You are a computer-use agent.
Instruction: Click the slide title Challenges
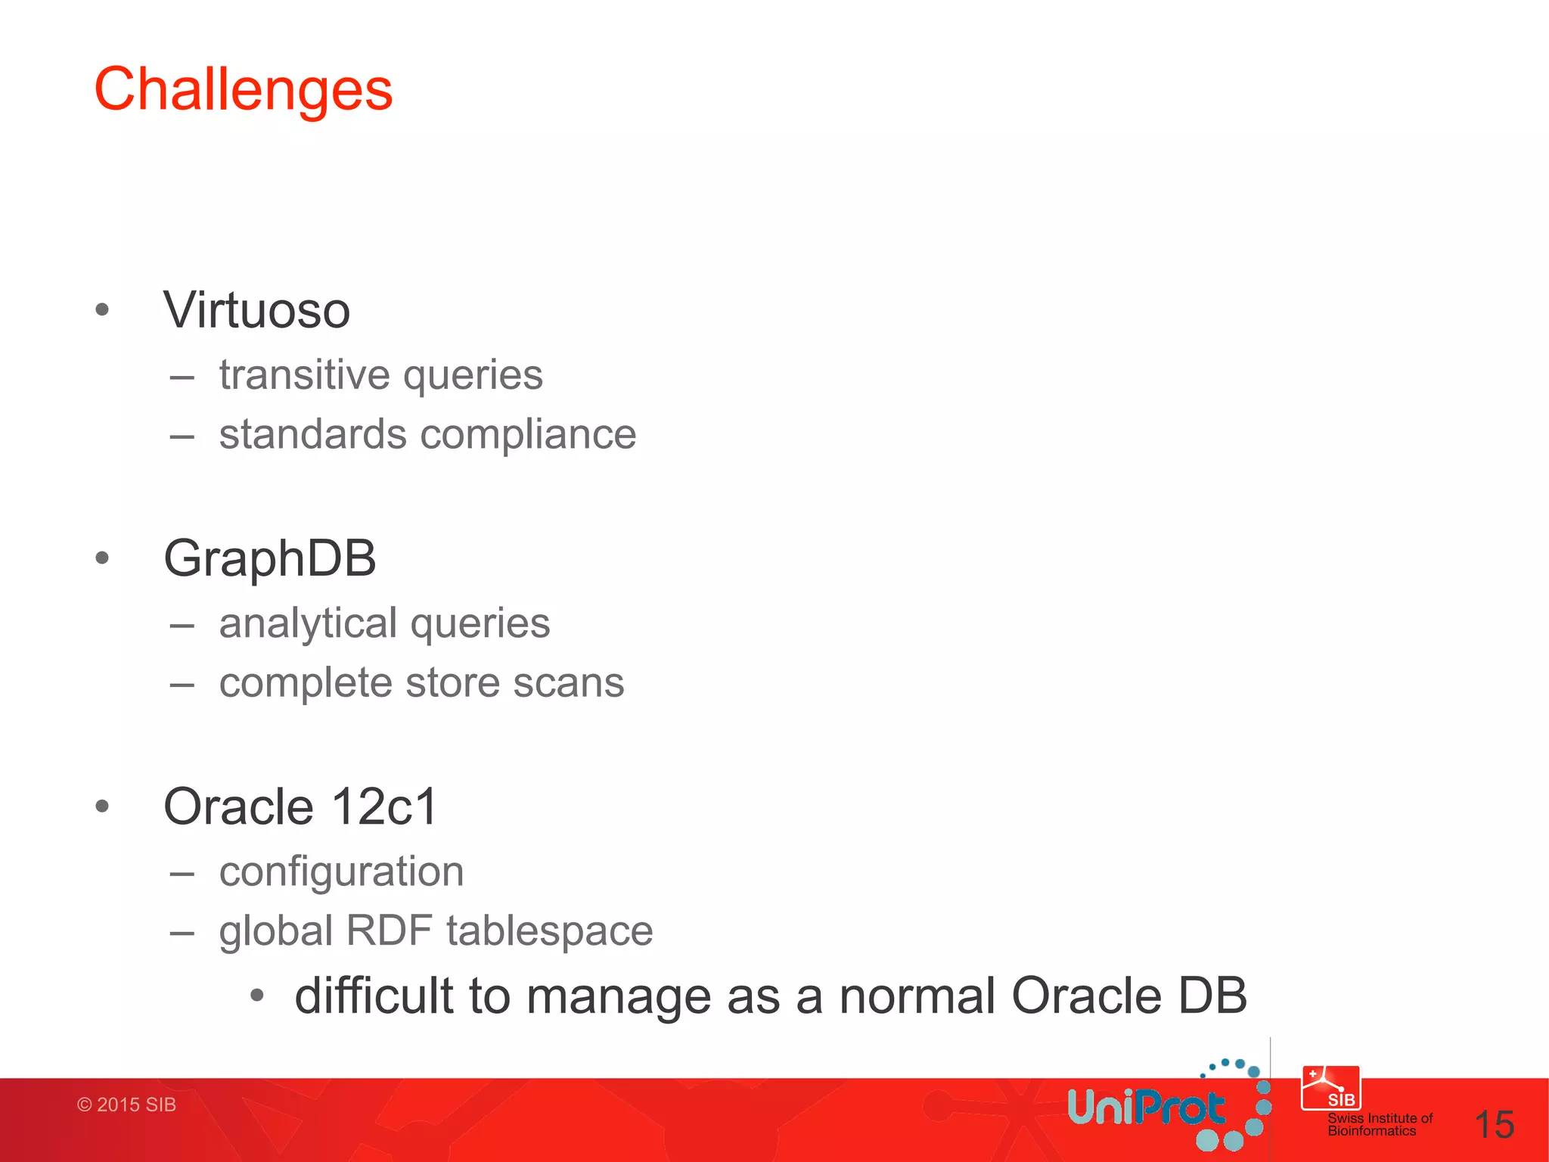(x=243, y=89)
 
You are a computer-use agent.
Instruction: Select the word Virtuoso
(x=256, y=310)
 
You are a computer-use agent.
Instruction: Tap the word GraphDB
(x=269, y=558)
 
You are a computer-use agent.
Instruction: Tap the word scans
(x=568, y=682)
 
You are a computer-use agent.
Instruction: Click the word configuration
(x=341, y=871)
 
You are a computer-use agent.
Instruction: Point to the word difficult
(x=374, y=996)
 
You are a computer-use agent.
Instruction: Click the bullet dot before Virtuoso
(x=103, y=309)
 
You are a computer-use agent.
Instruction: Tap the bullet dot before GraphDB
(x=103, y=558)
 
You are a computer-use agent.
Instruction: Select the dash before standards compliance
(x=182, y=437)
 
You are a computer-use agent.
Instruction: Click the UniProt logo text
(x=1145, y=1109)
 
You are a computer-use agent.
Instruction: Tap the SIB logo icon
(x=1330, y=1088)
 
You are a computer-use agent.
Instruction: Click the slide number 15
(x=1494, y=1125)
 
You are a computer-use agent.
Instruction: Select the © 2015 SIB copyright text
(x=126, y=1105)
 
